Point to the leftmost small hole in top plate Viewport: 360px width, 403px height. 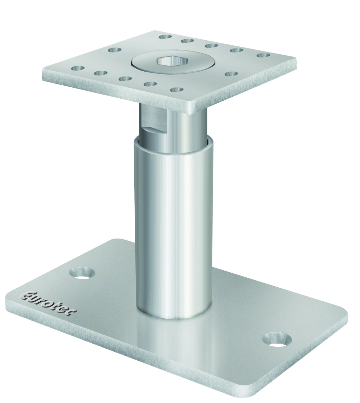(x=78, y=68)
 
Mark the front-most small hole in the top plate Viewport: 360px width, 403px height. (x=177, y=90)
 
